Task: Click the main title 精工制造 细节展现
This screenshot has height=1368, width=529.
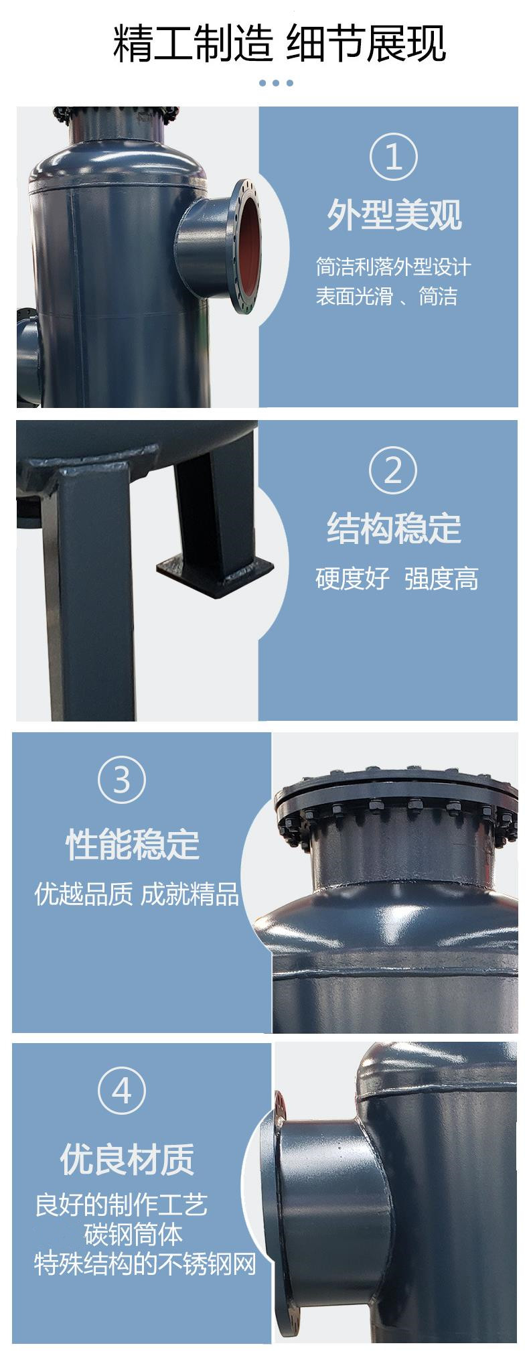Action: (279, 44)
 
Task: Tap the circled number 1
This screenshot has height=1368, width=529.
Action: (393, 157)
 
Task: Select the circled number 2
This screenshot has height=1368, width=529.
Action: (393, 470)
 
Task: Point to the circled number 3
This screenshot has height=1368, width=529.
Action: (122, 780)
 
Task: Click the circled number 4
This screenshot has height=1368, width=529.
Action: (122, 1092)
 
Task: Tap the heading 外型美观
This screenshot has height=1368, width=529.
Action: (394, 215)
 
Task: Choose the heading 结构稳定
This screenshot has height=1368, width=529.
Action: (394, 528)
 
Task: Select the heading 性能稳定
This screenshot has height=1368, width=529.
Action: (133, 843)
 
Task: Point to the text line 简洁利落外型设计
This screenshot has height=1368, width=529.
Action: (394, 267)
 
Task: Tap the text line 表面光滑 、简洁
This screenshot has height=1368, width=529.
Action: (386, 295)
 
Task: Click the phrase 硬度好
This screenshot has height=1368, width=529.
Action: (353, 578)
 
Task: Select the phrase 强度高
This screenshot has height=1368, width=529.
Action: (441, 578)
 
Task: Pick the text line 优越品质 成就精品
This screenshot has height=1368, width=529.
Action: (137, 894)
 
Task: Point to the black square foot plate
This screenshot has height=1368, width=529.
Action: (215, 568)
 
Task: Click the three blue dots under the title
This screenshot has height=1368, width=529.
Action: (276, 83)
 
